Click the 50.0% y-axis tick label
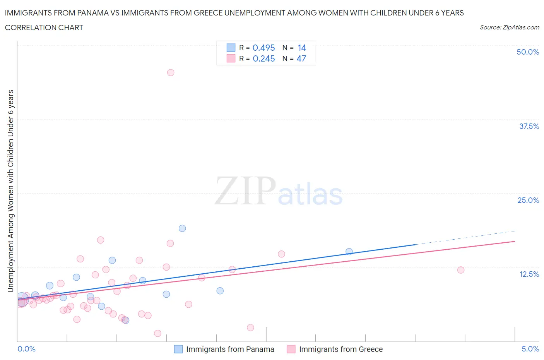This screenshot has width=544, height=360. (528, 52)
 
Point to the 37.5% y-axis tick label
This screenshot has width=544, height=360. (529, 126)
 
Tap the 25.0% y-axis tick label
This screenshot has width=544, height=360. (528, 200)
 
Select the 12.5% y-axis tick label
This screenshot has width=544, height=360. (529, 274)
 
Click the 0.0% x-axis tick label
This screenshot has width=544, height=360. (26, 349)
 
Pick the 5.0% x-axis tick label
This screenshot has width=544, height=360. (530, 349)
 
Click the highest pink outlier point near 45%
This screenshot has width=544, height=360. (171, 72)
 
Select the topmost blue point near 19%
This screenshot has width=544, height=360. (182, 228)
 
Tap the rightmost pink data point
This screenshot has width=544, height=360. (461, 270)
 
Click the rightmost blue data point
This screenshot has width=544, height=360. (349, 252)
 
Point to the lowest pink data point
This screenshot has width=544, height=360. (157, 333)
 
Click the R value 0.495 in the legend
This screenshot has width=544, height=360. (263, 48)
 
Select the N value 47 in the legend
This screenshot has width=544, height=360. (301, 58)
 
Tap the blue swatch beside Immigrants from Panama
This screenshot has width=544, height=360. (178, 349)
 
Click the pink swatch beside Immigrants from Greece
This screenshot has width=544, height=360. (291, 349)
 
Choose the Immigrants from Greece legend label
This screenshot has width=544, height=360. (341, 349)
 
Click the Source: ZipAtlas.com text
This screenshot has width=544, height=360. (509, 27)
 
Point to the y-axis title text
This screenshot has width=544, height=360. (11, 191)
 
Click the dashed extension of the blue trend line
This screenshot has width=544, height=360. (464, 237)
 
